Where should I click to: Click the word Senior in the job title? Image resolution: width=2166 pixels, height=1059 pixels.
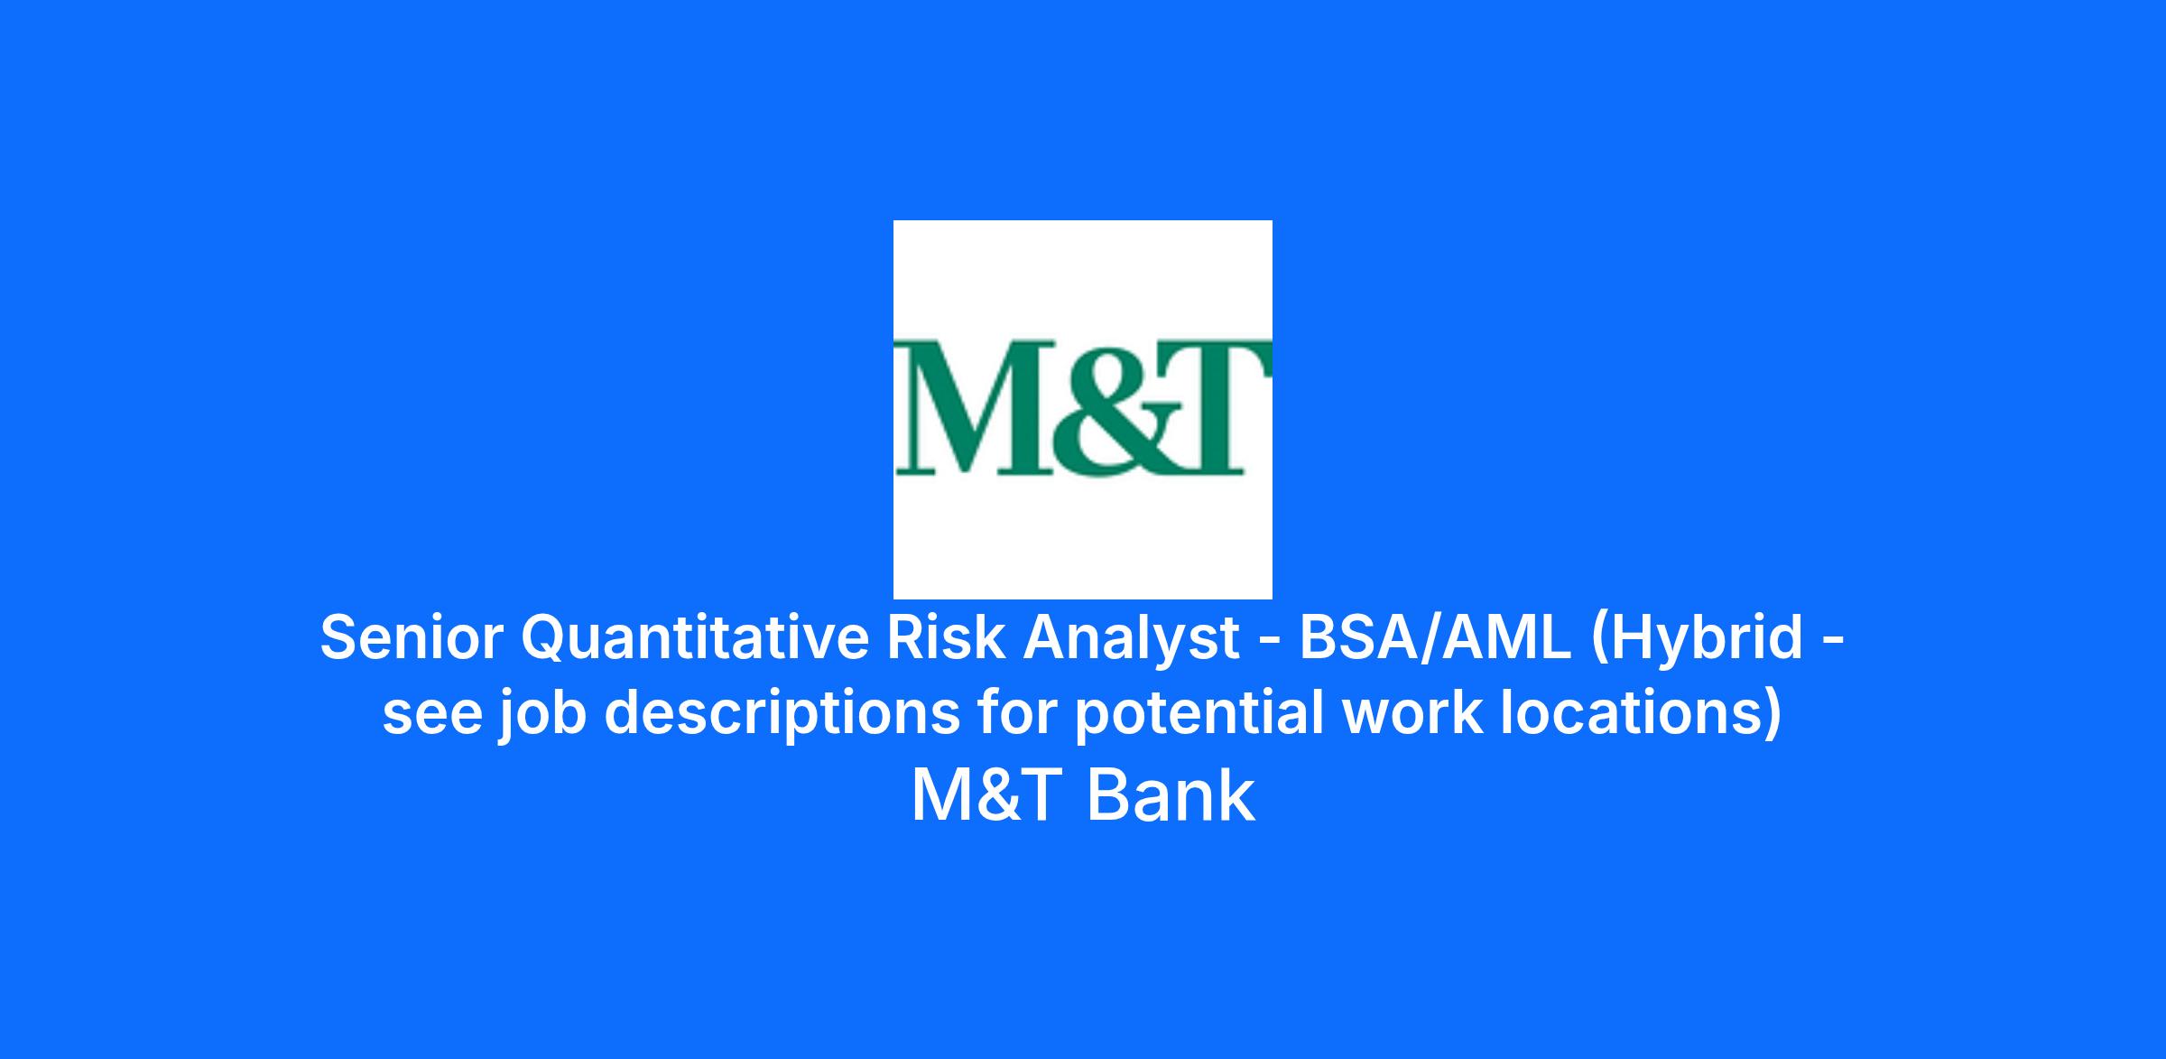tap(411, 637)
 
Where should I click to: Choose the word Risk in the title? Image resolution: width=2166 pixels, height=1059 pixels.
tap(945, 637)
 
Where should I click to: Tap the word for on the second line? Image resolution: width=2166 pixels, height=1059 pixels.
tap(1017, 712)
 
